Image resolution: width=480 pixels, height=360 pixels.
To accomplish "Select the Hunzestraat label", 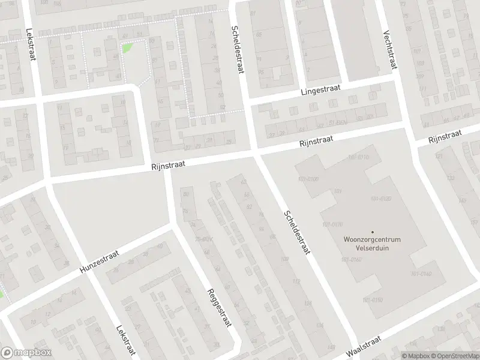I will point(99,263).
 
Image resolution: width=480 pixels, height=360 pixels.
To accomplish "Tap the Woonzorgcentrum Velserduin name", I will point(372,243).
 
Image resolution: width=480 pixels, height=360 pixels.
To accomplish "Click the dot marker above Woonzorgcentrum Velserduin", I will point(372,232).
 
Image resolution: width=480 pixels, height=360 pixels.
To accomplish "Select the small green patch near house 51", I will point(127,47).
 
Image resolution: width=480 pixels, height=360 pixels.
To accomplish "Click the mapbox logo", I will point(26,352).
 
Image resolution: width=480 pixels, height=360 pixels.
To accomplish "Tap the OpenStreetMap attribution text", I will point(455,356).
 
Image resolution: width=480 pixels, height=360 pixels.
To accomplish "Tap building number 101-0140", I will point(421,274).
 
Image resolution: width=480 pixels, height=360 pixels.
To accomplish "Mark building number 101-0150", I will point(372,299).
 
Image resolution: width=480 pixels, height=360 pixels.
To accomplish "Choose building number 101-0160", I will point(352,260).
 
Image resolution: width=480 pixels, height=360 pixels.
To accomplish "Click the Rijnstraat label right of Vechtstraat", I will point(445,137).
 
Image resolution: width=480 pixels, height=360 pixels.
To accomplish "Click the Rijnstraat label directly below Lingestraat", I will point(317,142).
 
